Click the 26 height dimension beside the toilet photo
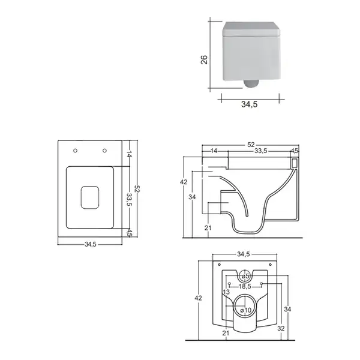coord(204,59)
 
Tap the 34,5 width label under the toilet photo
coord(250,104)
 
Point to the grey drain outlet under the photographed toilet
coord(251,83)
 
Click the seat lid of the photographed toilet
coord(251,29)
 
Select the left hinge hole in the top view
coord(75,151)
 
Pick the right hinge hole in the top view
coord(104,151)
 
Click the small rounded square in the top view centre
coord(90,197)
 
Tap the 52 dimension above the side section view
coord(251,145)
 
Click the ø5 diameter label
coord(245,276)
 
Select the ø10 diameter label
coord(246,310)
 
